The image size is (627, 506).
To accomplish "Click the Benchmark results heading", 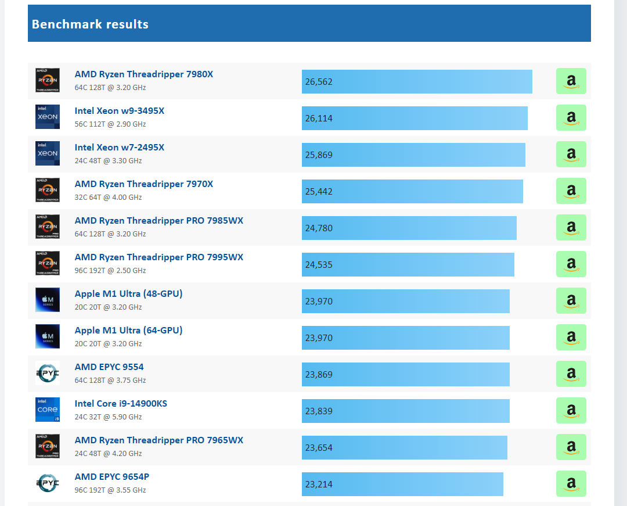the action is pyautogui.click(x=90, y=24).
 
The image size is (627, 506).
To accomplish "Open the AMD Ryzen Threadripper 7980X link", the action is pyautogui.click(x=143, y=74).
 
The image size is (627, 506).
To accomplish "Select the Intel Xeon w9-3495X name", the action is pyautogui.click(x=119, y=111).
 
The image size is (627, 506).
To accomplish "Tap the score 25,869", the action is pyautogui.click(x=319, y=155).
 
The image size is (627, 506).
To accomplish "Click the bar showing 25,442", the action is pyautogui.click(x=412, y=192).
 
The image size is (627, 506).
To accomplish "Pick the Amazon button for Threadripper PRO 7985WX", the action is pyautogui.click(x=571, y=228).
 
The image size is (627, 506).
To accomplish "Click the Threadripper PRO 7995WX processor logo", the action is pyautogui.click(x=48, y=263).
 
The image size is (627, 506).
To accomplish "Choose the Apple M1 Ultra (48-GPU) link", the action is pyautogui.click(x=128, y=293).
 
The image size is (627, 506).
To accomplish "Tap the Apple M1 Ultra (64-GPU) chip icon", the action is pyautogui.click(x=48, y=336).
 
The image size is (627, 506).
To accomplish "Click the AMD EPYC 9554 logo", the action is pyautogui.click(x=48, y=373).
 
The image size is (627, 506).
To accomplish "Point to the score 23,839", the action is pyautogui.click(x=319, y=411).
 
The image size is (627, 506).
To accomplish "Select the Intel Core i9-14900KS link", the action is pyautogui.click(x=121, y=404).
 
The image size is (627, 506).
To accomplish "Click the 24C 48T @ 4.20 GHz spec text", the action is pyautogui.click(x=108, y=454).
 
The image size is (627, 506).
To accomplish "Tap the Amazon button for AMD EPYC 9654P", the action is pyautogui.click(x=571, y=483).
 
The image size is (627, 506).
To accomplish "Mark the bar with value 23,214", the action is pyautogui.click(x=402, y=485).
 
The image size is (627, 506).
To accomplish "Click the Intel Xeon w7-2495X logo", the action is pyautogui.click(x=48, y=153).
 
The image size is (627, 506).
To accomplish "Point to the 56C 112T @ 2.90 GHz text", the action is pyautogui.click(x=110, y=124).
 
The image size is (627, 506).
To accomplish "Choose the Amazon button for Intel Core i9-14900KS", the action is pyautogui.click(x=571, y=410).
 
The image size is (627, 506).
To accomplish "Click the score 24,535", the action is pyautogui.click(x=319, y=265).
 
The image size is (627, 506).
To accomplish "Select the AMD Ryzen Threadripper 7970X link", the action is pyautogui.click(x=143, y=184).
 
